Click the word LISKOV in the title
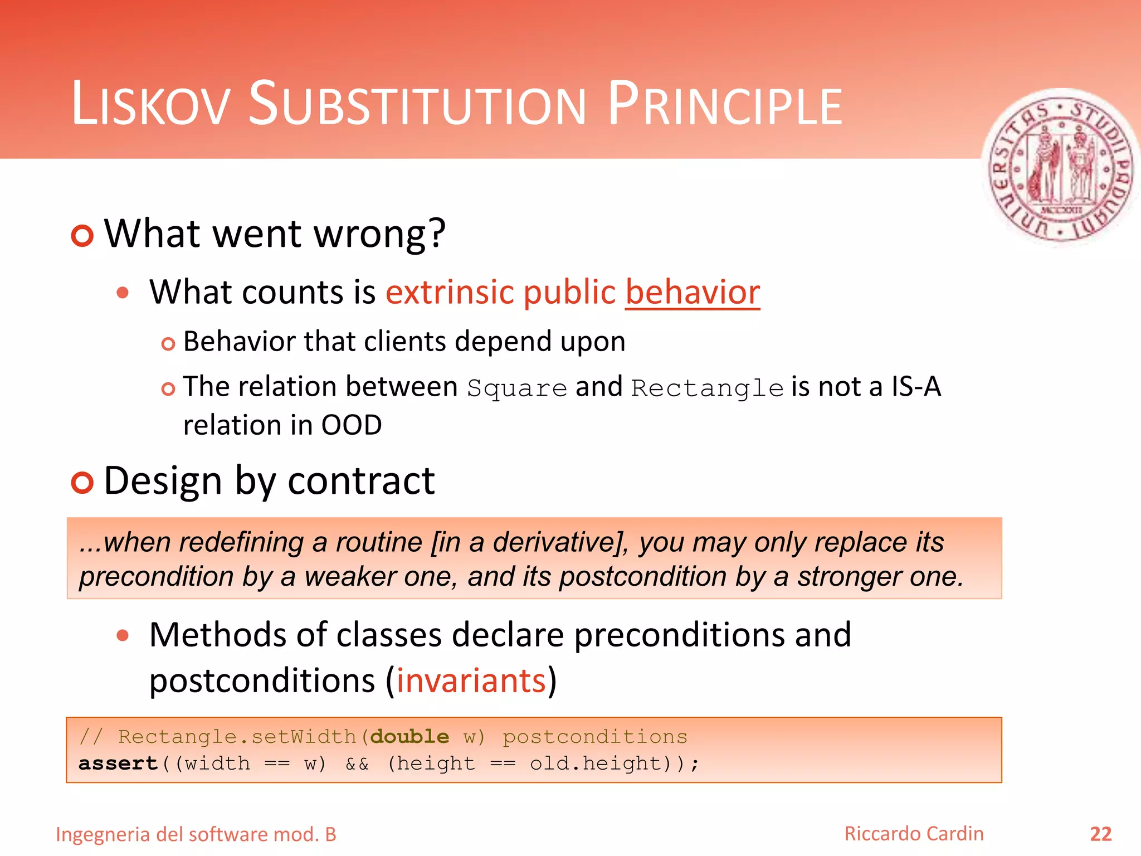(x=150, y=105)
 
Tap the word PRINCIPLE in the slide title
(x=724, y=105)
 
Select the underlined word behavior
(x=693, y=293)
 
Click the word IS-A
(x=916, y=387)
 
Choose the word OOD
(x=352, y=426)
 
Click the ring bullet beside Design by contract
(x=82, y=482)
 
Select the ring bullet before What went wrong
(x=82, y=236)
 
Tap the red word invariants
(x=471, y=681)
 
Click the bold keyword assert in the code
(x=118, y=763)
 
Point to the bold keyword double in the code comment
(x=409, y=737)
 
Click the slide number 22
(x=1100, y=834)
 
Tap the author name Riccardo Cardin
(x=914, y=834)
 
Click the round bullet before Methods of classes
(x=123, y=635)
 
